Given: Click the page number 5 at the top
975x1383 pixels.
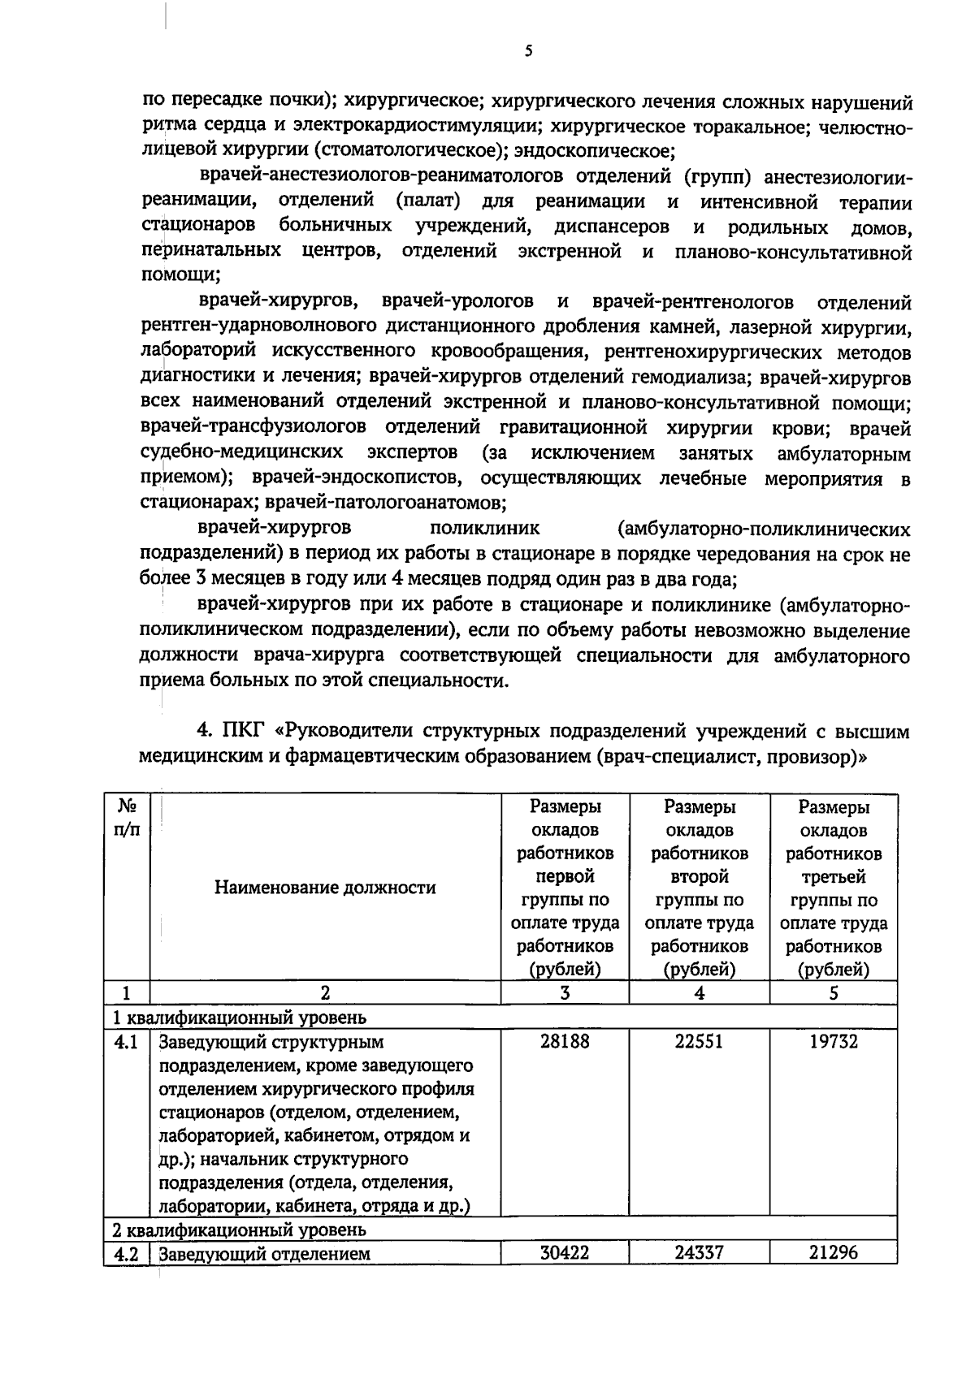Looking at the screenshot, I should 529,51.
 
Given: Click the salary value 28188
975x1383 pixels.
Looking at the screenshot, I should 565,1041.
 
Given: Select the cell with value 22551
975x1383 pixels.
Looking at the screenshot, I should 699,1041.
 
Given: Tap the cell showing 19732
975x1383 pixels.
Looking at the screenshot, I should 833,1041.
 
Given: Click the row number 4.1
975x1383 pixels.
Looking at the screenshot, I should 126,1041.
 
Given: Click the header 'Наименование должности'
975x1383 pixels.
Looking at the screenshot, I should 325,888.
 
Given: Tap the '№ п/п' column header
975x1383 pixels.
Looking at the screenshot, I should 126,819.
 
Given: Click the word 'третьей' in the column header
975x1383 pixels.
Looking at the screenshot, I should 833,877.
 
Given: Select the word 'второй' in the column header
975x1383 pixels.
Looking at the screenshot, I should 699,877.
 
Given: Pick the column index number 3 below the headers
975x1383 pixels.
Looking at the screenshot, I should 565,992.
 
